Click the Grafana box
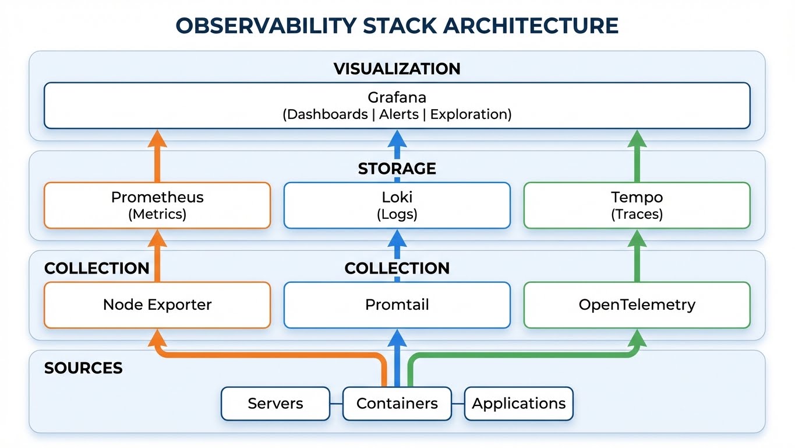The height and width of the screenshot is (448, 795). pyautogui.click(x=397, y=106)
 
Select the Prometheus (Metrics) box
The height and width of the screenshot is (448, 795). pyautogui.click(x=157, y=205)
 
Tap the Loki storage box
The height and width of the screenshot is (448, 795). pyautogui.click(x=397, y=205)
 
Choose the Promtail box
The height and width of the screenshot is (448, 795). pyautogui.click(x=397, y=304)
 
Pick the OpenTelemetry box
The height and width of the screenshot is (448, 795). pyautogui.click(x=637, y=304)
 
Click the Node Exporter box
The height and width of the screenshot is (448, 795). pyautogui.click(x=157, y=304)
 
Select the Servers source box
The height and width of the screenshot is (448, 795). pyautogui.click(x=275, y=404)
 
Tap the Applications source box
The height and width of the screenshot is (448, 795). pyautogui.click(x=518, y=404)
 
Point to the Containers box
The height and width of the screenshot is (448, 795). pyautogui.click(x=397, y=404)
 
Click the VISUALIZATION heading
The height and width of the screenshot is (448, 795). pyautogui.click(x=397, y=69)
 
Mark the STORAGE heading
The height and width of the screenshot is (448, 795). pyautogui.click(x=397, y=169)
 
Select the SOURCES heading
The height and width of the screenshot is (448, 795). pyautogui.click(x=83, y=368)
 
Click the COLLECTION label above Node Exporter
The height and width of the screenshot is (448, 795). pyautogui.click(x=97, y=268)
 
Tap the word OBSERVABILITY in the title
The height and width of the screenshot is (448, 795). pyautogui.click(x=263, y=26)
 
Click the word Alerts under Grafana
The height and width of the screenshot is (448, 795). pyautogui.click(x=399, y=114)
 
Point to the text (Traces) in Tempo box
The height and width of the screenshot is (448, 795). pyautogui.click(x=637, y=214)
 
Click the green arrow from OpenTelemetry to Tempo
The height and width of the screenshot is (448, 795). pyautogui.click(x=637, y=257)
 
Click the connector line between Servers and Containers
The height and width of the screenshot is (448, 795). pyautogui.click(x=336, y=404)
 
